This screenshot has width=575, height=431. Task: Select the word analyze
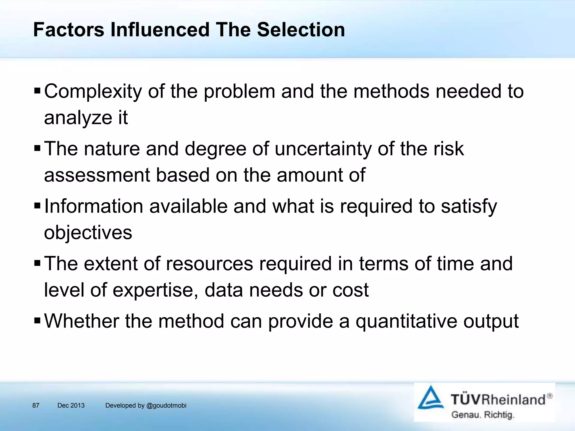(78, 118)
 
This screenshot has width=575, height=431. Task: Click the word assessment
(97, 175)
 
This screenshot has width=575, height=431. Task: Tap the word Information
(93, 206)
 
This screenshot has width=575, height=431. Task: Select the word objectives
(88, 233)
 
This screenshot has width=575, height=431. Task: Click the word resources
(209, 264)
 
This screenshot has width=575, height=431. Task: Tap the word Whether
(81, 321)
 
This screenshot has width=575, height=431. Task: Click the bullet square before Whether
(37, 320)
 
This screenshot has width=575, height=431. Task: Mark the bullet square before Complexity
(37, 91)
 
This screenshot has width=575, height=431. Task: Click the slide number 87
(36, 405)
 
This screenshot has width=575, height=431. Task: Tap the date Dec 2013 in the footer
(71, 405)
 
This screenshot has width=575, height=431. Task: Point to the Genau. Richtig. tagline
(482, 415)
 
